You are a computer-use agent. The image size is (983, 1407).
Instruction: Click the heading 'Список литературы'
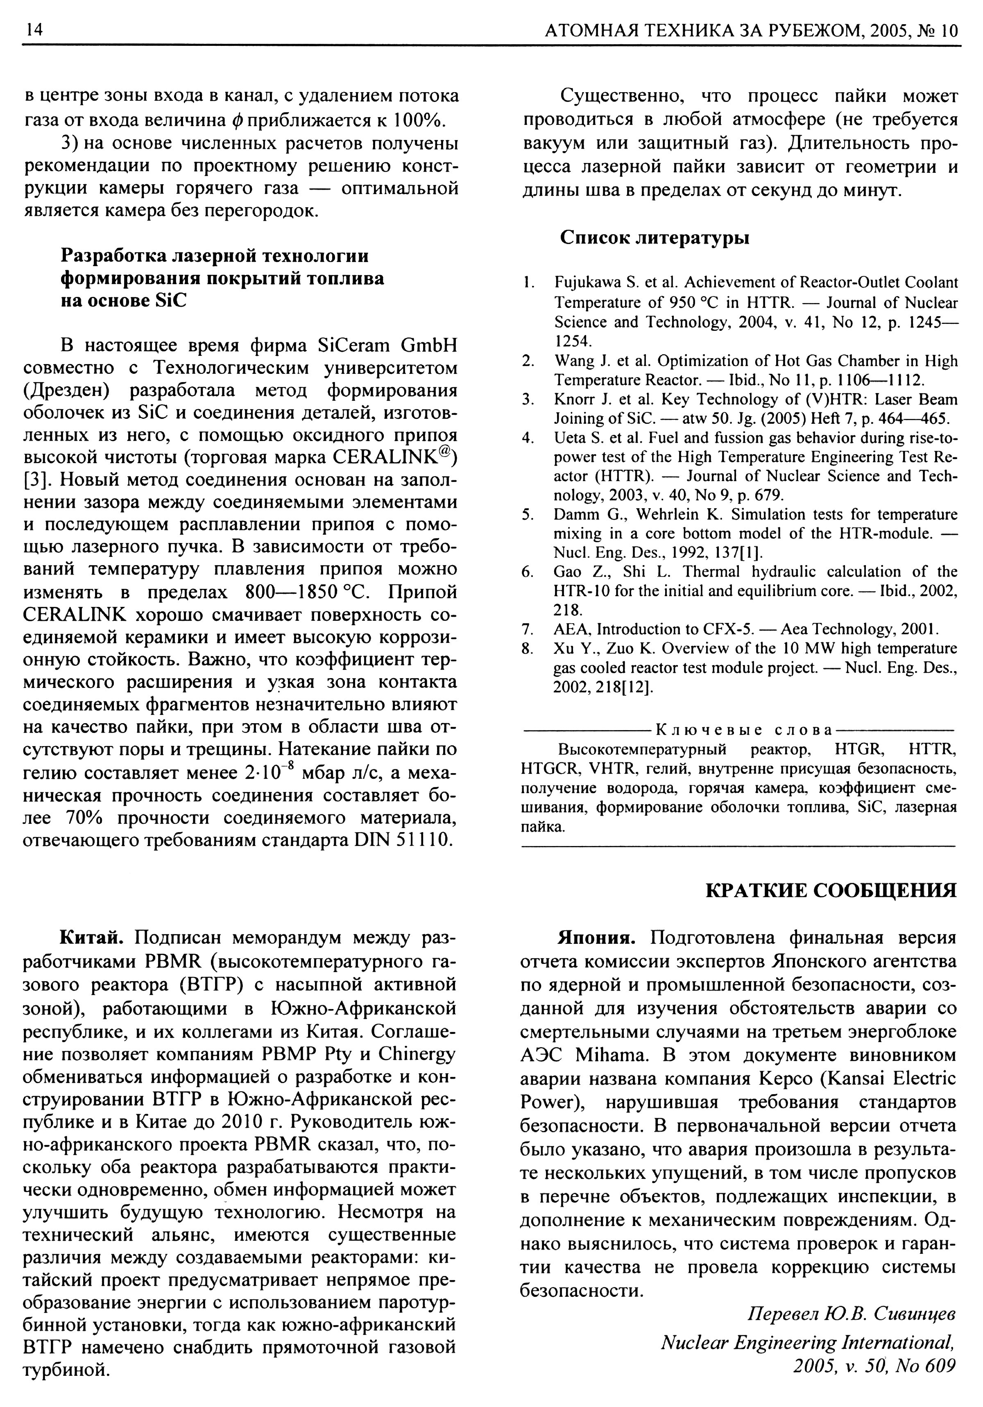[x=654, y=237]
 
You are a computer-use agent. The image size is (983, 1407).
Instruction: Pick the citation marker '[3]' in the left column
[x=37, y=480]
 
